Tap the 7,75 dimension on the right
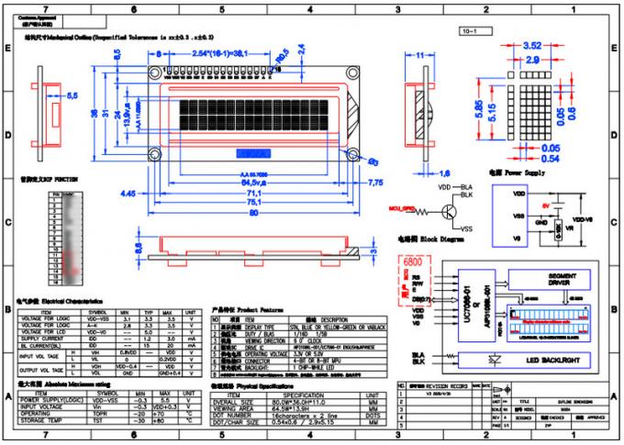[x=375, y=184]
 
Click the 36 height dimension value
[x=95, y=113]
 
